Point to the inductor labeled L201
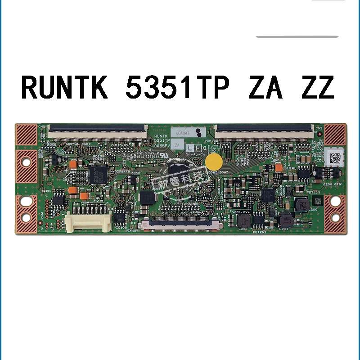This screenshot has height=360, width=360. [284, 220]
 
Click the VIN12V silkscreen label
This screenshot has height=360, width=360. [131, 230]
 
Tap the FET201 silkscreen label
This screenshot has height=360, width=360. [261, 232]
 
